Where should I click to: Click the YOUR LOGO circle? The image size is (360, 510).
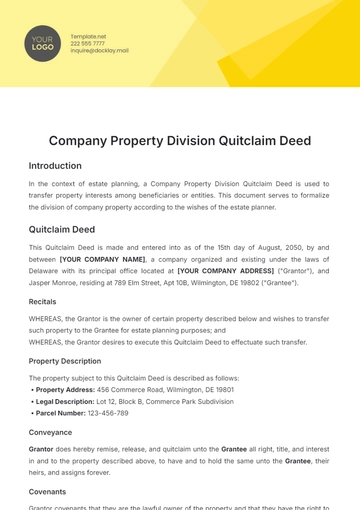tap(42, 43)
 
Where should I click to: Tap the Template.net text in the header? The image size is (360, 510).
tap(87, 35)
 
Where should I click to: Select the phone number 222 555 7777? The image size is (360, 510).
tap(87, 43)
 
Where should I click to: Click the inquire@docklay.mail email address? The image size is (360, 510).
tap(100, 51)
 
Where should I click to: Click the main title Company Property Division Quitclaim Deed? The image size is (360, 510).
tap(180, 141)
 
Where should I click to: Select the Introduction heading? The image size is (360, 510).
tap(55, 166)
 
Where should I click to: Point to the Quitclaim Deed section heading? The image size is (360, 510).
tap(62, 229)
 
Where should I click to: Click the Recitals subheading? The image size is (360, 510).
tap(43, 301)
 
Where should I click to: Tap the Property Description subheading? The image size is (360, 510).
tap(64, 361)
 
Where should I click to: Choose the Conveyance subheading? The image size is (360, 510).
tap(50, 433)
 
